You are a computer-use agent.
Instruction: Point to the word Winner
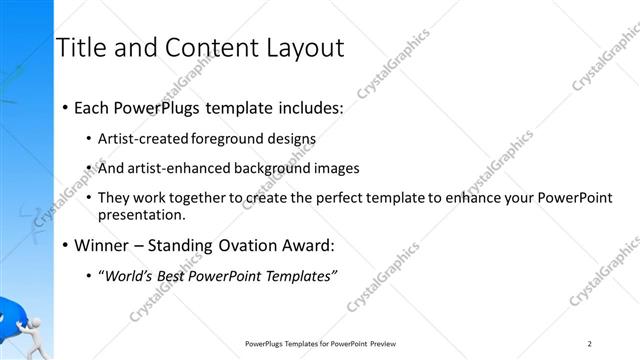(99, 245)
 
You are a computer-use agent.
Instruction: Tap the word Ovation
(245, 245)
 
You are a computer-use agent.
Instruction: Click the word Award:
(306, 245)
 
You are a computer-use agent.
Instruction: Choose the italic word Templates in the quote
(299, 275)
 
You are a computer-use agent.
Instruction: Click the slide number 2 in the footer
(591, 344)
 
